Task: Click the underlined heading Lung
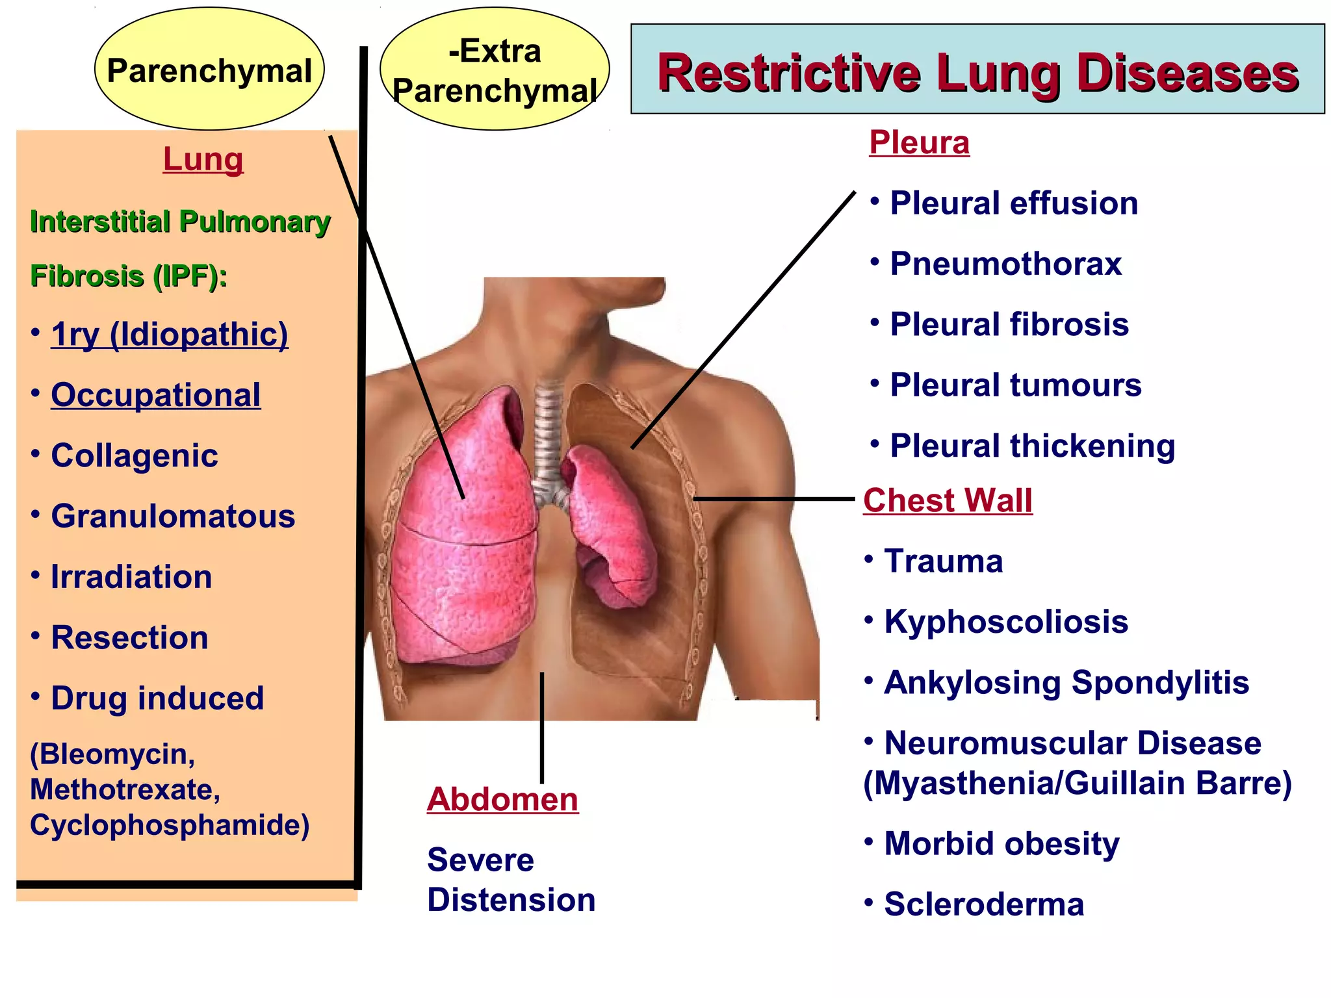(203, 159)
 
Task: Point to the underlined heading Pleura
(919, 142)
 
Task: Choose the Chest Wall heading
(948, 500)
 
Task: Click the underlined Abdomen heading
(502, 799)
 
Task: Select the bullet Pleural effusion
(1014, 203)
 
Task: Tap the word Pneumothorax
(1005, 264)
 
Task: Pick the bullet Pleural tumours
(1015, 385)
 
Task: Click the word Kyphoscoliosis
(1006, 622)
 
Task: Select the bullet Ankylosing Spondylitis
(1066, 682)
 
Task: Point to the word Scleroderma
(984, 904)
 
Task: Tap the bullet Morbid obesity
(1001, 843)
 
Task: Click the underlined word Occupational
(156, 395)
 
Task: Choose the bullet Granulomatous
(173, 517)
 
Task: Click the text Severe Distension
(511, 880)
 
